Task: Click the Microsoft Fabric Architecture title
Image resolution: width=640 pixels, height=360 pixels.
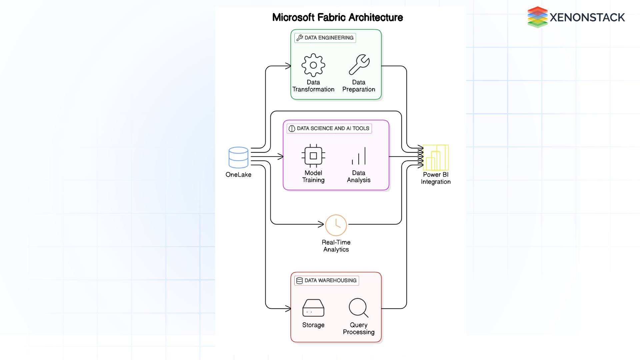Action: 337,17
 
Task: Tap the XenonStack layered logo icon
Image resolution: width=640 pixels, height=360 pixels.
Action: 537,17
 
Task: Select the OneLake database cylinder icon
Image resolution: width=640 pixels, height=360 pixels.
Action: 238,157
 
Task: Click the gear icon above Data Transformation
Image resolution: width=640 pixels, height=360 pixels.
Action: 313,65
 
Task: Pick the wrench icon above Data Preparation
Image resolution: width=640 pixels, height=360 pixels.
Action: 359,65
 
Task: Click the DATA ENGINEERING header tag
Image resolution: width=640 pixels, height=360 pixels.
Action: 325,38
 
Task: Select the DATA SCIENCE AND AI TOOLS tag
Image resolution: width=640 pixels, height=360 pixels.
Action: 329,128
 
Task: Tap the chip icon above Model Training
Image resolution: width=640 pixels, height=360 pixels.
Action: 313,156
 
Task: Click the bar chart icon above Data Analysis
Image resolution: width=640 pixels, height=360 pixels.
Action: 359,156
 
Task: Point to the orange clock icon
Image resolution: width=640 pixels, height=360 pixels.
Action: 336,225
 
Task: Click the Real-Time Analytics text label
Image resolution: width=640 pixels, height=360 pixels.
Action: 336,246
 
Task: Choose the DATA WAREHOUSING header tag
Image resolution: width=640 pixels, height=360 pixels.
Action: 327,280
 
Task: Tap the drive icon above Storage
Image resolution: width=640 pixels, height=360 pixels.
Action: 313,308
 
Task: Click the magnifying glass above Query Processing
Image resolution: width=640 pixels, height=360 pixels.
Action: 358,307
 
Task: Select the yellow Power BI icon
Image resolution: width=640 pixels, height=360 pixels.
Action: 436,158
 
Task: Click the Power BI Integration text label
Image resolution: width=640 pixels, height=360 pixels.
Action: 436,178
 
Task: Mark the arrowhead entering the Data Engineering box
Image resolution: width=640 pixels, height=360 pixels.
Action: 288,66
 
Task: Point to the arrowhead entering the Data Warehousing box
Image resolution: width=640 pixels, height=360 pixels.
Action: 288,309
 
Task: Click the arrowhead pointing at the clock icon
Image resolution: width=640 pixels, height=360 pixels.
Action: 321,224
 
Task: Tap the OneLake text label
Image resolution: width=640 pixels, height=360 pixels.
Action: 238,175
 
